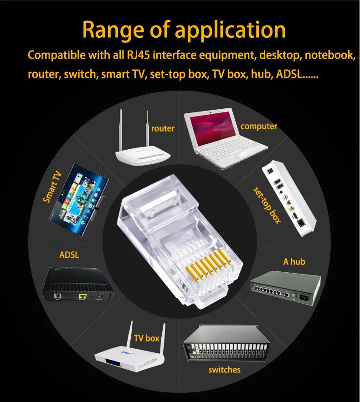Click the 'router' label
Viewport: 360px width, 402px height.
(x=163, y=129)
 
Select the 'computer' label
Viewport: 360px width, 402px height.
(x=258, y=126)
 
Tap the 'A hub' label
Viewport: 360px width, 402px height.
(x=294, y=262)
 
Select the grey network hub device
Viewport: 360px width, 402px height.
(x=285, y=289)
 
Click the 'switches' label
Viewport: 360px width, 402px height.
(x=224, y=370)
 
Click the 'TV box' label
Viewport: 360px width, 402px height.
(x=146, y=338)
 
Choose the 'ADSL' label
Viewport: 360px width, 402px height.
(x=69, y=255)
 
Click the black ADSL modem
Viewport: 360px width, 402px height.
(x=77, y=285)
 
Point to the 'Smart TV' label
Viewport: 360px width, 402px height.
(x=52, y=187)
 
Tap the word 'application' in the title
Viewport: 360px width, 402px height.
(x=230, y=30)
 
